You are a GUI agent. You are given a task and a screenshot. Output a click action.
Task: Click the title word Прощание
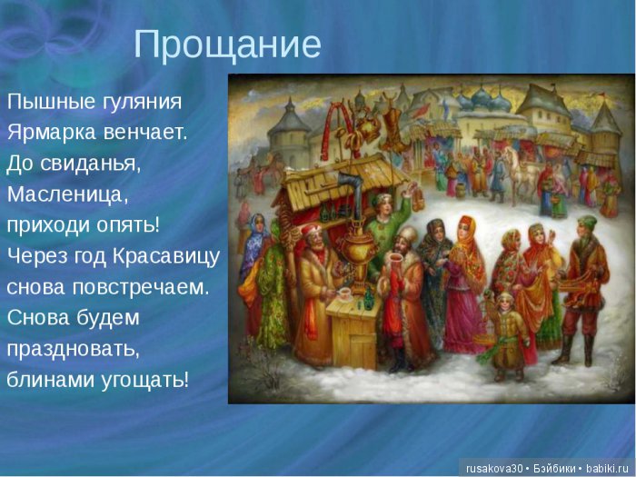[x=227, y=45]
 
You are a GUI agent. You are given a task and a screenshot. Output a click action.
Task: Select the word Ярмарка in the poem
[x=46, y=132]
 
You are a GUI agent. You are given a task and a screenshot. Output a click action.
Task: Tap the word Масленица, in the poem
[x=68, y=194]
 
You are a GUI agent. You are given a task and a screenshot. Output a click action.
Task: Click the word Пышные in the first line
[x=46, y=101]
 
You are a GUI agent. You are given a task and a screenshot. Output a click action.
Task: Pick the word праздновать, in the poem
[x=72, y=348]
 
